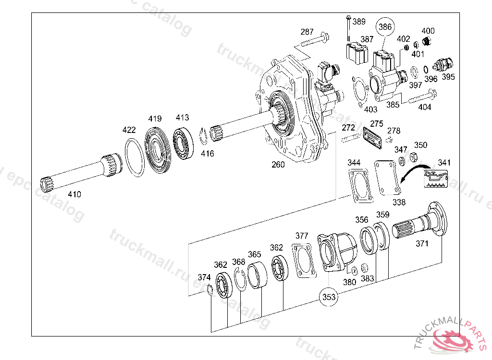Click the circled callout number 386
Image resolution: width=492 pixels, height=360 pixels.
(x=385, y=27)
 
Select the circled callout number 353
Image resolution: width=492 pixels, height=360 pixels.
(x=329, y=297)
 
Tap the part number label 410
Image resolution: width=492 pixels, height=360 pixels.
(x=74, y=194)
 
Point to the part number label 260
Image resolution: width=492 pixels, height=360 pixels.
(x=278, y=164)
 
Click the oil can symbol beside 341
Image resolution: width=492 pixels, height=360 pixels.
(x=436, y=179)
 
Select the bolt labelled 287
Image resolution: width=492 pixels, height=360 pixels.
(x=315, y=39)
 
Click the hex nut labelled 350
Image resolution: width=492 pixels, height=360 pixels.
(x=413, y=157)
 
